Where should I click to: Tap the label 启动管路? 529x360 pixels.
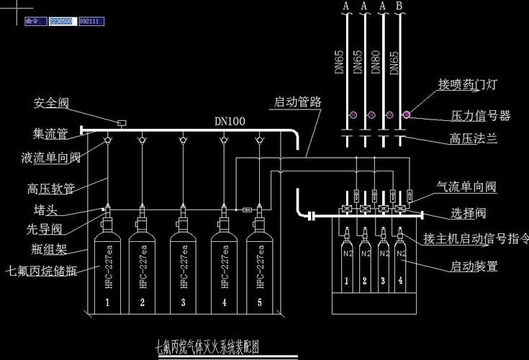point(297,102)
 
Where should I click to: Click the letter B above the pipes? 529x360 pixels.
point(399,6)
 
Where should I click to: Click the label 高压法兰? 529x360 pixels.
point(474,138)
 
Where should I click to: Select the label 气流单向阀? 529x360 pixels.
point(466,187)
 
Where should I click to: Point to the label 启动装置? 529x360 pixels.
point(474,266)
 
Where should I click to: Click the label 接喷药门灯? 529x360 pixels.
point(468,84)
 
